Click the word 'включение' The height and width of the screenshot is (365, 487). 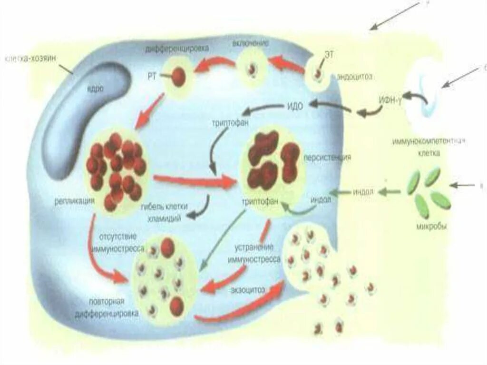pos(251,43)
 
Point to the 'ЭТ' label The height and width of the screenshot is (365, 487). pos(329,55)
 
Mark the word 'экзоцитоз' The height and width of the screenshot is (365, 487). pos(249,289)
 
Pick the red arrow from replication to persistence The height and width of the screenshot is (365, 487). pos(195,180)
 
